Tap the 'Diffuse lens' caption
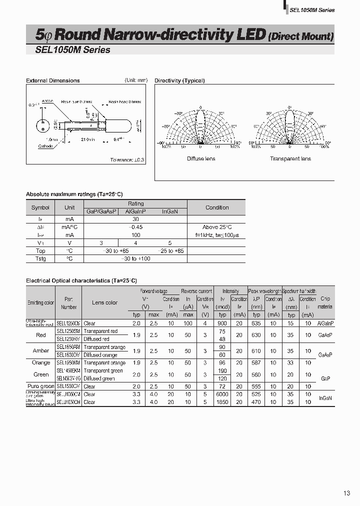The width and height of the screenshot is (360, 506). tap(201, 158)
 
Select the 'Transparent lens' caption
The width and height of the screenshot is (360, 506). tap(290, 158)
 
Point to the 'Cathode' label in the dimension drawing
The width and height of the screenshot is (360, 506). tap(46, 146)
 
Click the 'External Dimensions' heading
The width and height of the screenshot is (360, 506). tap(52, 80)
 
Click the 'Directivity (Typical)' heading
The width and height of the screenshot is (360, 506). tap(179, 80)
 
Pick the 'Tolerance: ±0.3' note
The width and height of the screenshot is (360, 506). tap(127, 159)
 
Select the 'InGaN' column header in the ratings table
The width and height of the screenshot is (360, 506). tap(170, 211)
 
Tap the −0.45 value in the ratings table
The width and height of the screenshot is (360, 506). tap(135, 227)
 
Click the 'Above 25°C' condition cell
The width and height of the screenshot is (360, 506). tap(217, 227)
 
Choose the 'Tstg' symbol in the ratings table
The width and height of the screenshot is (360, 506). tap(40, 258)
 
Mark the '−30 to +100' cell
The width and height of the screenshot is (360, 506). tap(135, 258)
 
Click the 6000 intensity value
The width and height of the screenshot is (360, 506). tap(222, 394)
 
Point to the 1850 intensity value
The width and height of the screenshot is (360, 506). tap(222, 402)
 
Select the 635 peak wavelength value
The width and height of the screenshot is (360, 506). tap(256, 323)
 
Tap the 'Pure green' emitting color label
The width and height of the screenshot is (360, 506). tap(41, 386)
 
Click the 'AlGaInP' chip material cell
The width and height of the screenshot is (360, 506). tap(325, 323)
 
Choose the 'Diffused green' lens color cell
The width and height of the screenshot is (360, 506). tap(99, 378)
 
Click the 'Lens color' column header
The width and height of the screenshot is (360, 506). tap(105, 302)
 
